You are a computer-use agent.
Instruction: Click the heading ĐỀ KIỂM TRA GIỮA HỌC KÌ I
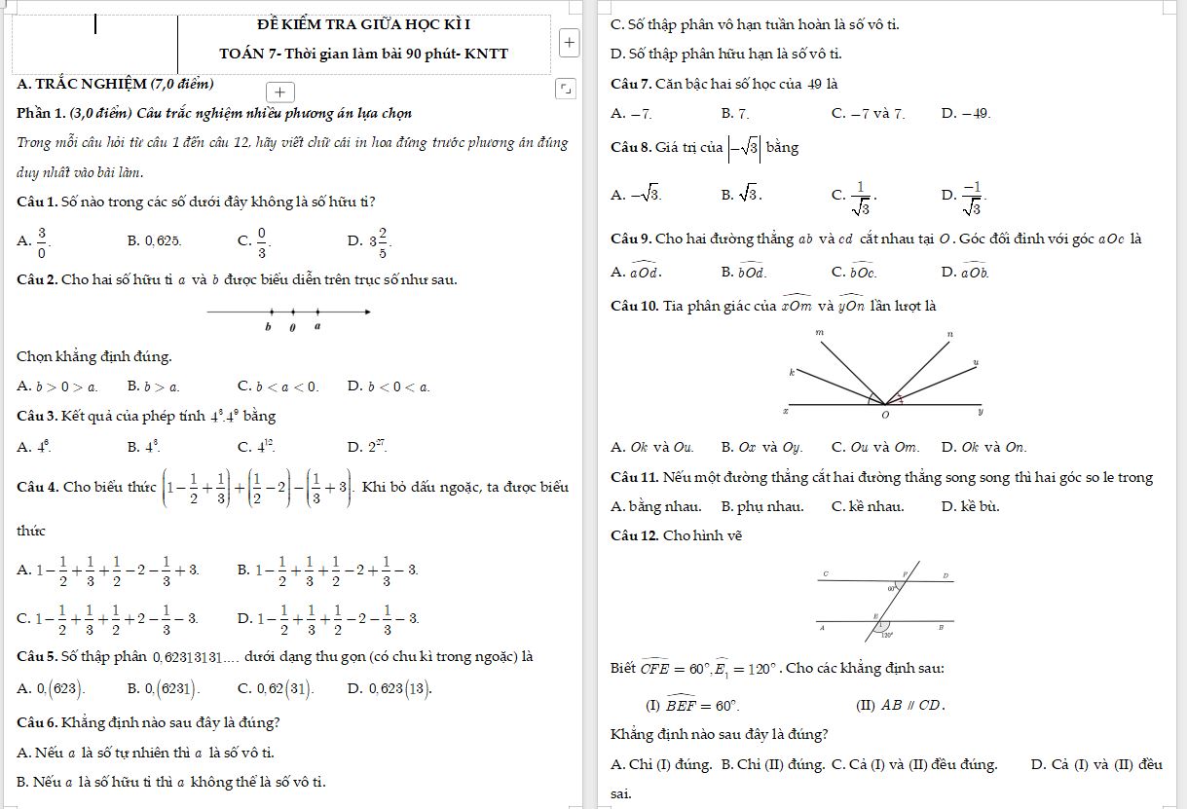click(x=366, y=22)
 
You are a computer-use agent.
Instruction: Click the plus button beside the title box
click(x=570, y=43)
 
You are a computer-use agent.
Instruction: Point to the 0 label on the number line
click(x=292, y=327)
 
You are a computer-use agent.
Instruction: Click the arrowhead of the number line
click(x=367, y=312)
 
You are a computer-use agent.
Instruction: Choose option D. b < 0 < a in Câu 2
click(x=389, y=386)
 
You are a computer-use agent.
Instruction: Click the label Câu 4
click(x=38, y=487)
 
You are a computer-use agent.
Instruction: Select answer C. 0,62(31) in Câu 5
click(x=276, y=689)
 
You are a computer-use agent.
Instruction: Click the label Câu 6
click(x=38, y=723)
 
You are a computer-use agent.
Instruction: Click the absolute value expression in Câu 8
click(x=745, y=147)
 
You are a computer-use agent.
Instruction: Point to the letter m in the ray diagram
click(x=819, y=333)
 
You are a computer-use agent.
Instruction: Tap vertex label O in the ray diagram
click(x=885, y=416)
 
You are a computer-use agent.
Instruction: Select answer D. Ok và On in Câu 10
click(x=983, y=448)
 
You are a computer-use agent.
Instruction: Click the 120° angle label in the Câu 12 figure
click(x=886, y=635)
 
